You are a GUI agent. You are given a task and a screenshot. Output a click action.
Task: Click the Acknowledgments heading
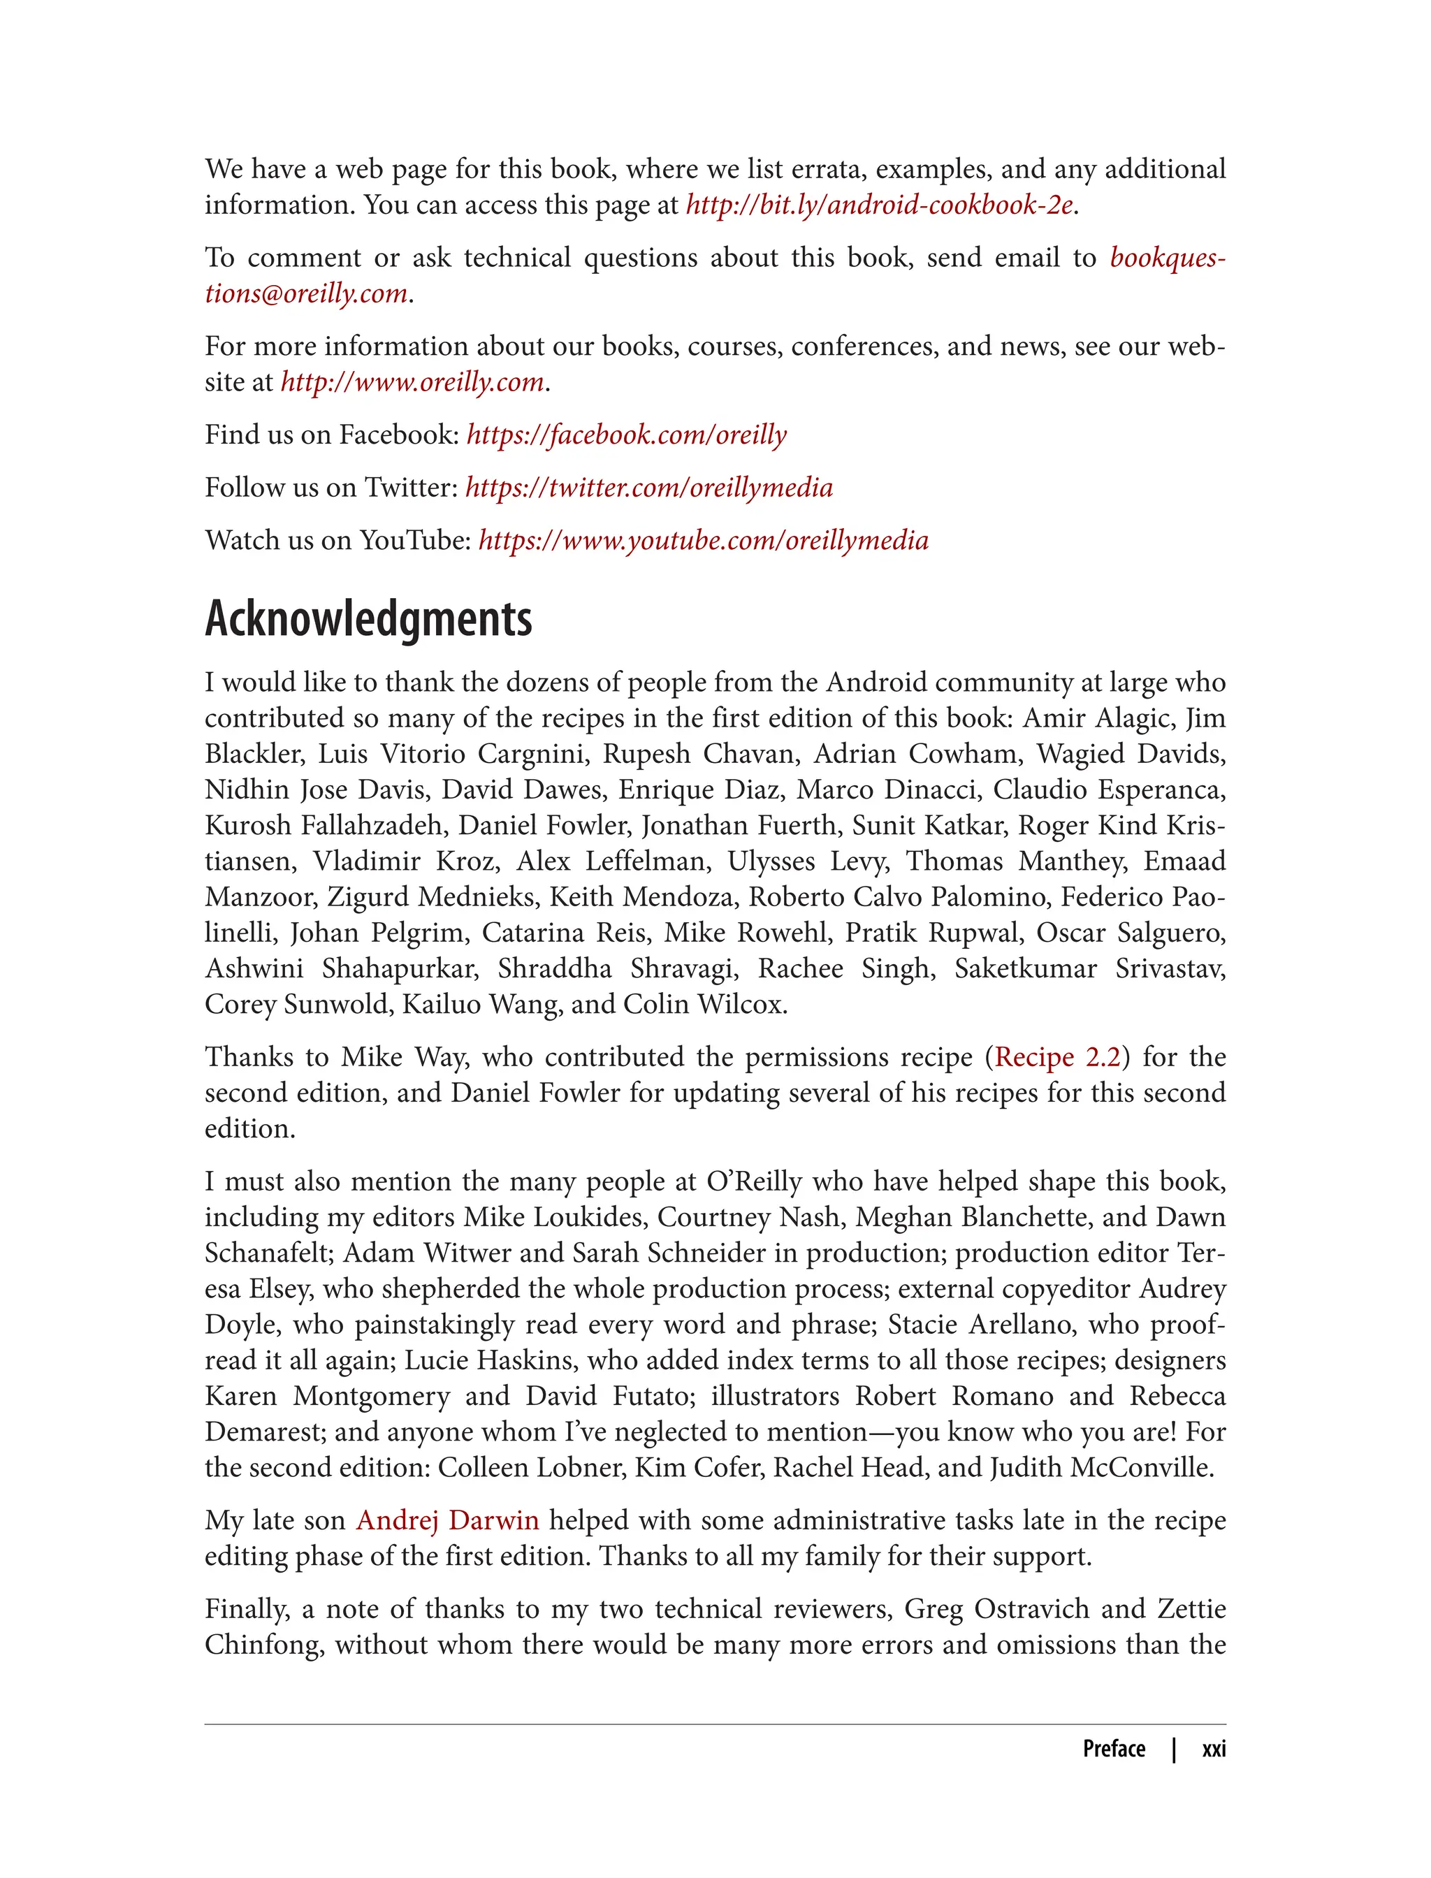[368, 619]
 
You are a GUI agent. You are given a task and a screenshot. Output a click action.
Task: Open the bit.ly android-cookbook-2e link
[879, 205]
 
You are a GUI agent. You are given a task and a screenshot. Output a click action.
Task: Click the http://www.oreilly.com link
[412, 382]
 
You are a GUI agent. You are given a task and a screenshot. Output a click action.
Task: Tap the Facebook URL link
[626, 435]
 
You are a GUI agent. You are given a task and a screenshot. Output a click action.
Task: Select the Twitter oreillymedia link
[648, 488]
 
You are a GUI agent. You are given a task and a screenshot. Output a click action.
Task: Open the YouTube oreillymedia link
[703, 541]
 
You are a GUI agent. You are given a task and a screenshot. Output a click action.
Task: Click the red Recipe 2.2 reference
[1057, 1057]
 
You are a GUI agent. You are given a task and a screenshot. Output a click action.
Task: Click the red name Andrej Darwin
[447, 1520]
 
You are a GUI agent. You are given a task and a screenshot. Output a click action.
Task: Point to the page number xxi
[1213, 1749]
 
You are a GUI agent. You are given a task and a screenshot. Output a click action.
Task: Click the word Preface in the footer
[1113, 1749]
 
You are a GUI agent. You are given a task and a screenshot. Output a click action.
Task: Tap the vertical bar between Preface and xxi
[1174, 1749]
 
